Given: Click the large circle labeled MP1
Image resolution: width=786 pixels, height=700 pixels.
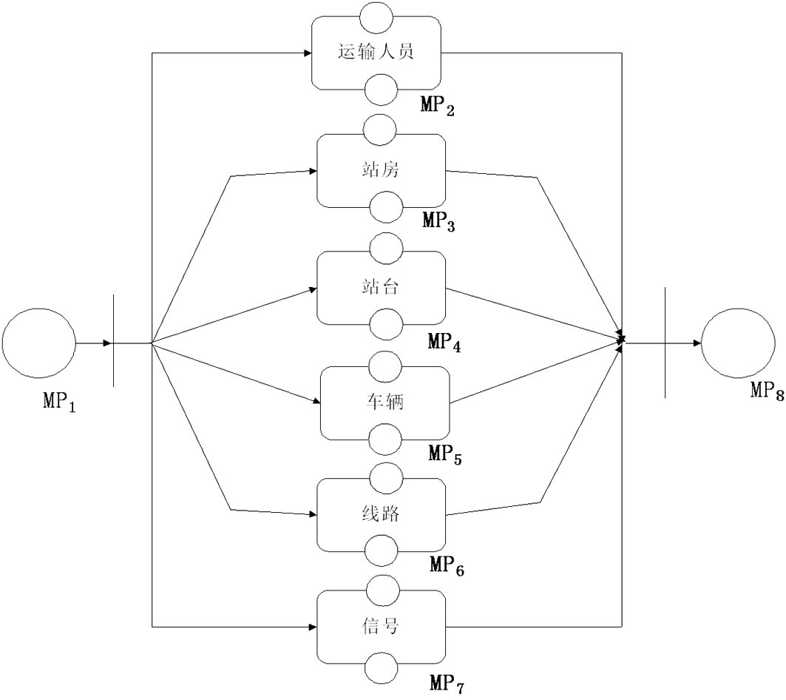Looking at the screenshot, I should click(39, 344).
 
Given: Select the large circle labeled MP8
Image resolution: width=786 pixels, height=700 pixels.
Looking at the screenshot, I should click(737, 344).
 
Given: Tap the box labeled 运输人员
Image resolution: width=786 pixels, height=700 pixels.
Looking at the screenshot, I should click(376, 53).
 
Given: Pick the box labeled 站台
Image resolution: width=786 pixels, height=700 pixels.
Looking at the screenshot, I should click(382, 288).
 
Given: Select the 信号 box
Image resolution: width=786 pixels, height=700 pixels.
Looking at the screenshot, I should click(382, 627).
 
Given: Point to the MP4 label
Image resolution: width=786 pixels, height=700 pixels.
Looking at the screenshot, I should click(444, 343).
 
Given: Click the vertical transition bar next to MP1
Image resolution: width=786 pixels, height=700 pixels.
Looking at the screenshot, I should click(113, 340).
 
